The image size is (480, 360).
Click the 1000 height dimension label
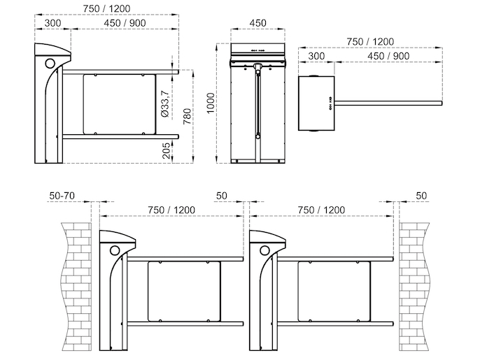pos(211,103)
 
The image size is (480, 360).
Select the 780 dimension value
pos(188,116)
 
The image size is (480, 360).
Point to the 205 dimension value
pos(167,150)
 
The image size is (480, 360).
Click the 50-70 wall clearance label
pos(62,196)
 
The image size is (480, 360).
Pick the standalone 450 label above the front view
pos(257,23)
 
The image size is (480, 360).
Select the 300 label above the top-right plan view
pos(316,56)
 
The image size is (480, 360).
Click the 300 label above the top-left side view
pos(53,23)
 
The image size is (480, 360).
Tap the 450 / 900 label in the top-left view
pos(125,23)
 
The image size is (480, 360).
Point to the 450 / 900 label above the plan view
pos(388,56)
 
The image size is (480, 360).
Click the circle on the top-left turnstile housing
pos(50,64)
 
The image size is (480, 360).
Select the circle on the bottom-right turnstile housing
pos(264,250)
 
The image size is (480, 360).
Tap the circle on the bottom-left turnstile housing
pos(115,250)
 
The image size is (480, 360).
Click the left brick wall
pos(76,287)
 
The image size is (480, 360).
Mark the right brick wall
pos(414,287)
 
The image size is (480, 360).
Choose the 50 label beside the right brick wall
pos(421,196)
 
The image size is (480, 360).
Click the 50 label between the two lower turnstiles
pos(222,196)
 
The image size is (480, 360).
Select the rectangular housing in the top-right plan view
pos(316,103)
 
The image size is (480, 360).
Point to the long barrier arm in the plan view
pos(388,103)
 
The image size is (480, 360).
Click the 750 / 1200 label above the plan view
pos(370,42)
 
